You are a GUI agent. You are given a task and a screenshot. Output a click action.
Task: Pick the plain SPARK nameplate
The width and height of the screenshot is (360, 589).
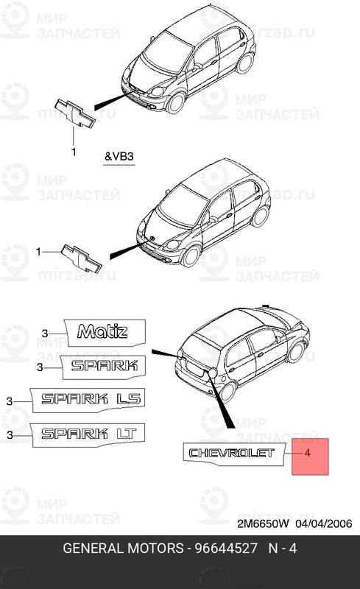tap(102, 366)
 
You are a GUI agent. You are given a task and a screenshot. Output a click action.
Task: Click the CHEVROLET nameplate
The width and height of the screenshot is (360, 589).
tap(231, 452)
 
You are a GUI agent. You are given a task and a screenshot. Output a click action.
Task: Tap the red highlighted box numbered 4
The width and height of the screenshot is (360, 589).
tap(309, 456)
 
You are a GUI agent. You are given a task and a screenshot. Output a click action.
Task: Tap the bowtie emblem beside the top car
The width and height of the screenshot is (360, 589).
tap(74, 113)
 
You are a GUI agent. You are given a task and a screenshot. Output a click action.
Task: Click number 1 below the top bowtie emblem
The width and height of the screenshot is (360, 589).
tap(73, 152)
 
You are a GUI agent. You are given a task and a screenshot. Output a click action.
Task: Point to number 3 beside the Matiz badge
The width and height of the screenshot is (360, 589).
tap(43, 334)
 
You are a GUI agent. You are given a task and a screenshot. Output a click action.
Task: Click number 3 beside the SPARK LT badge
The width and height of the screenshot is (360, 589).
tap(10, 435)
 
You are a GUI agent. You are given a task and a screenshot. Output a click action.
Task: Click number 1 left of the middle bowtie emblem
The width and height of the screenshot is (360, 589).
tap(38, 252)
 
